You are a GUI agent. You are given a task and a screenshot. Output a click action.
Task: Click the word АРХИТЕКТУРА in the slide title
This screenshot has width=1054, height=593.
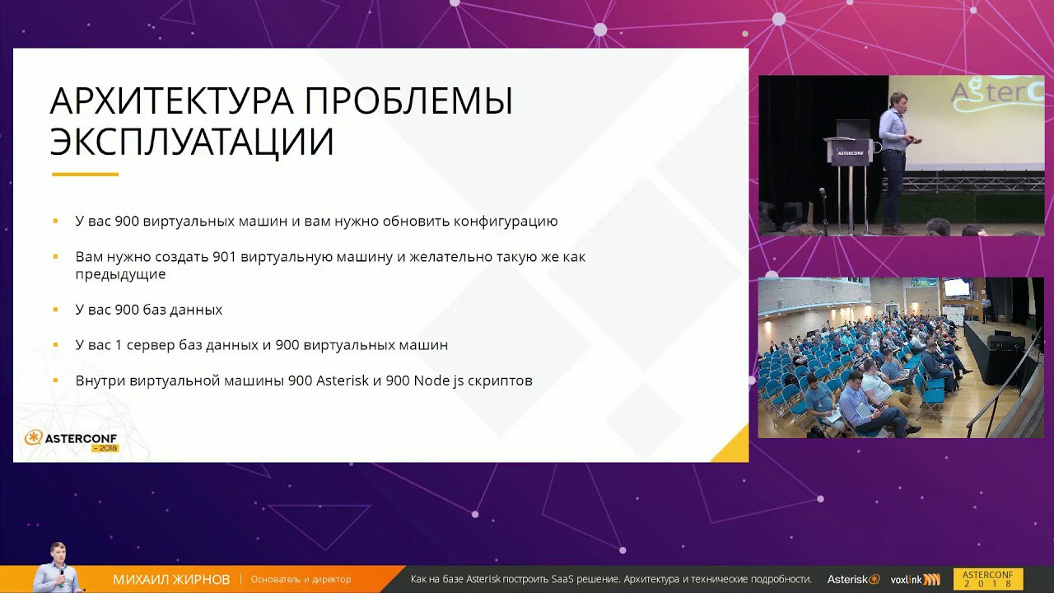tap(172, 100)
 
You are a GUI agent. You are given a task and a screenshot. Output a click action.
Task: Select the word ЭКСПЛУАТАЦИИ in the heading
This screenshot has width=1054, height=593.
tap(192, 141)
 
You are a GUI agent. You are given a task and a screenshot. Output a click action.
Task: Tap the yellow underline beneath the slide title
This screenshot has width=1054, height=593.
tap(85, 174)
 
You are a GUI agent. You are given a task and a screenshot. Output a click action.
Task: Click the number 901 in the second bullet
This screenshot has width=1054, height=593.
tap(226, 257)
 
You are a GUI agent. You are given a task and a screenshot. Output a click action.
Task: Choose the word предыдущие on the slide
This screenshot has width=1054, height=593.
tap(120, 274)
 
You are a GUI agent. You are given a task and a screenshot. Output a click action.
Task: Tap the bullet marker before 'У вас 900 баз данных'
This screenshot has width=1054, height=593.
tap(55, 310)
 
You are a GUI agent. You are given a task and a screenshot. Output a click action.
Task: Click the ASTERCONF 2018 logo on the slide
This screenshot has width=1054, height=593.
tap(71, 441)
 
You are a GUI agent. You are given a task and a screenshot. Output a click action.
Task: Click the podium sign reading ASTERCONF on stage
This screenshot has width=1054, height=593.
tap(851, 153)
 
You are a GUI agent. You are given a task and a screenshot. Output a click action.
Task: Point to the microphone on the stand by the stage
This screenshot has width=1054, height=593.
tap(823, 193)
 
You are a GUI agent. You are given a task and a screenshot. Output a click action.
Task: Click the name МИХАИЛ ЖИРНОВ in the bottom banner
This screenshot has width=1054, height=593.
tap(172, 579)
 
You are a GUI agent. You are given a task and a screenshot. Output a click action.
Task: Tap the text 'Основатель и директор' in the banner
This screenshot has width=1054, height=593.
tap(301, 579)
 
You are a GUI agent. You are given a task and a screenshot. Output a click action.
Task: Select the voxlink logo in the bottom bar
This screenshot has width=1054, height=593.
tap(915, 579)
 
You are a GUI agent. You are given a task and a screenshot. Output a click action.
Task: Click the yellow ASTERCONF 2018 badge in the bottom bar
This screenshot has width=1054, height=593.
tap(988, 579)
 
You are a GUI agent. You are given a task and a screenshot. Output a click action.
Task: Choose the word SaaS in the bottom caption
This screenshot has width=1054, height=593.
tap(562, 579)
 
